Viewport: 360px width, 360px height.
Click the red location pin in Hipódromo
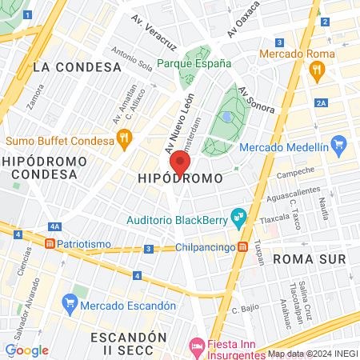click(x=180, y=163)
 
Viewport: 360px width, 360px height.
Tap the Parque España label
click(x=194, y=63)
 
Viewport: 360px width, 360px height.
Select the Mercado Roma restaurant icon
click(x=318, y=70)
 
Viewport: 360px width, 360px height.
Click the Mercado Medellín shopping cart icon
click(x=338, y=146)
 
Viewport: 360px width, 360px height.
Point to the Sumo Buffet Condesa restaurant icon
click(x=124, y=141)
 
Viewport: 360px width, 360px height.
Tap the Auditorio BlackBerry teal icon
click(x=237, y=215)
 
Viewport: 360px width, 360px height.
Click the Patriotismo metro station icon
click(x=50, y=242)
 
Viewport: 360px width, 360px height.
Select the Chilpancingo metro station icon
click(x=242, y=247)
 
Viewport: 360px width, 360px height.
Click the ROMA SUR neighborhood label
click(x=309, y=259)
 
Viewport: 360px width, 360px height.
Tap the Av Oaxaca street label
click(x=244, y=20)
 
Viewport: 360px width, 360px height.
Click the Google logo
click(x=26, y=350)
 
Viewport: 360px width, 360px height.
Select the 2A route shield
click(x=322, y=102)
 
